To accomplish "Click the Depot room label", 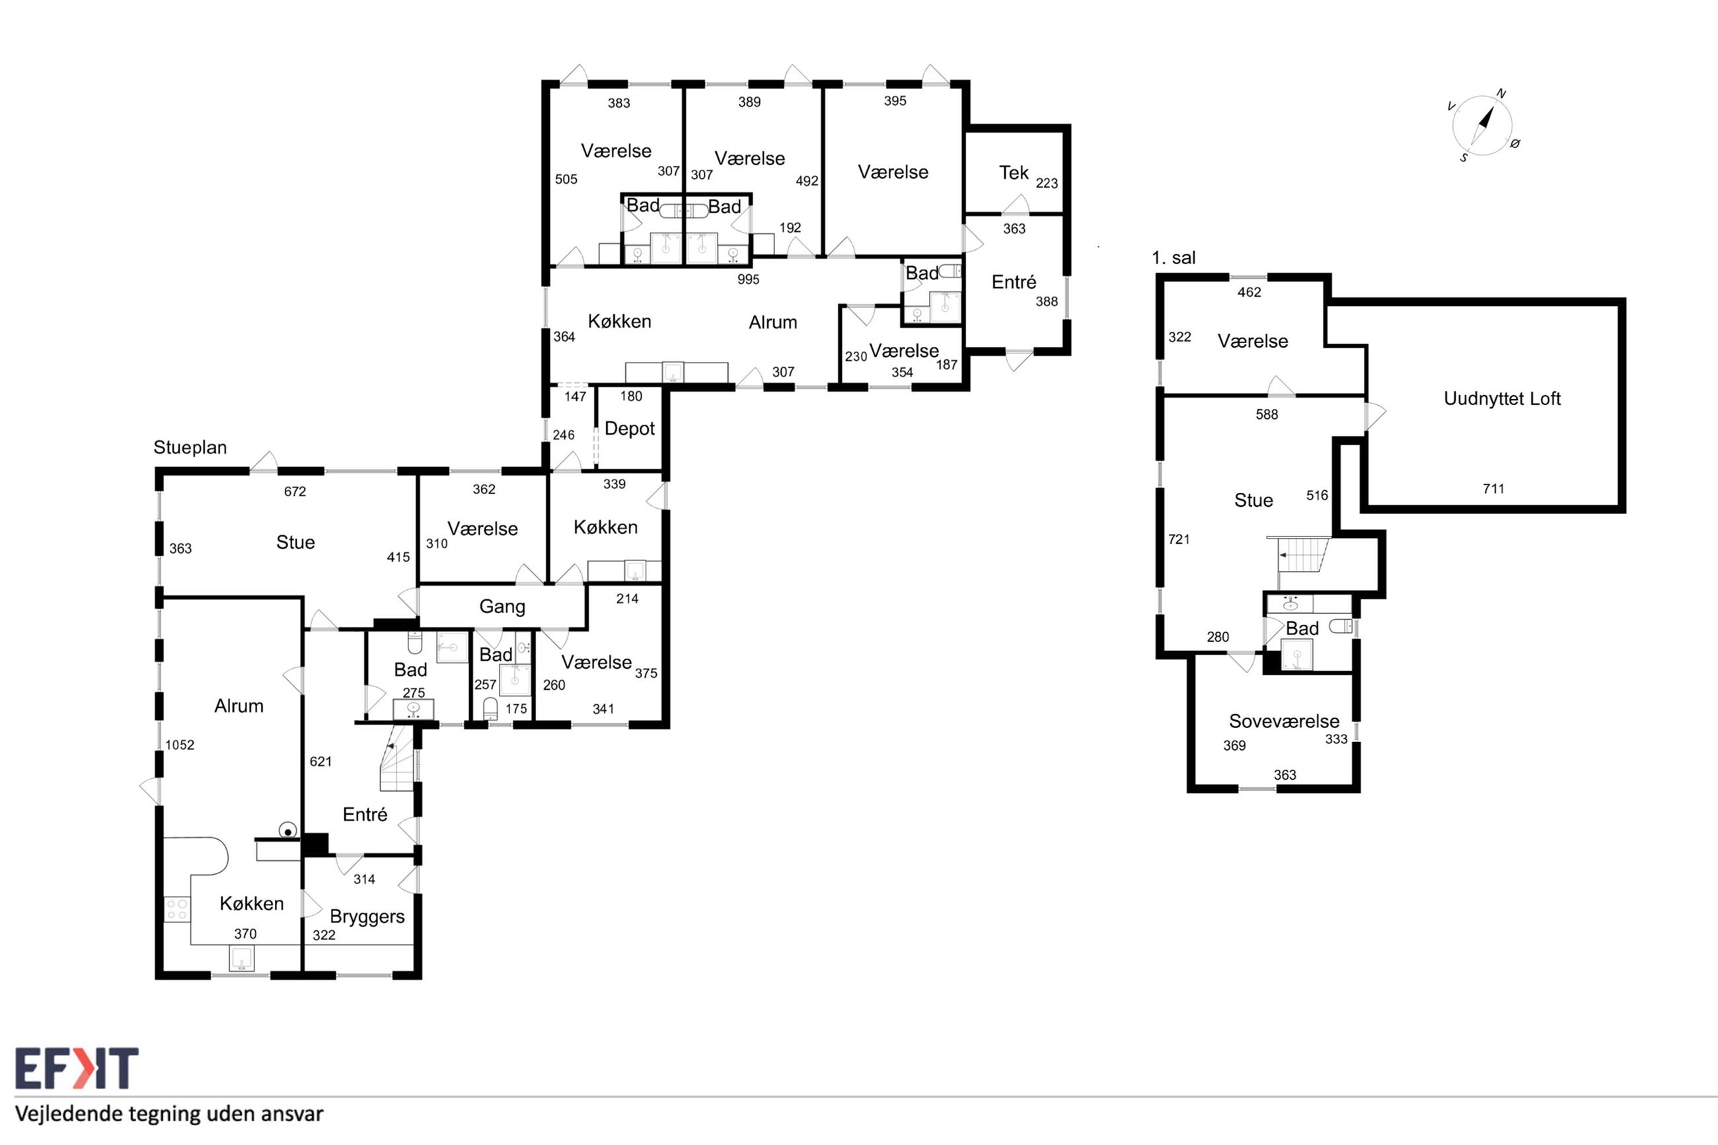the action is [x=629, y=429].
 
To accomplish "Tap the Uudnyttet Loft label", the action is [x=1502, y=398].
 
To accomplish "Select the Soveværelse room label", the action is [x=1284, y=721].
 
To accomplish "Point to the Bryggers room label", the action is [x=367, y=917].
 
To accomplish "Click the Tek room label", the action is [x=1014, y=172].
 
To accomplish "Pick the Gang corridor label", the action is [x=502, y=607].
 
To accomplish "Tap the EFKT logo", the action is [x=77, y=1068].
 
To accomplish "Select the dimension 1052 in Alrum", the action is [x=180, y=745].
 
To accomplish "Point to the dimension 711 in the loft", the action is [x=1493, y=488].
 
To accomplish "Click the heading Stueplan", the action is [x=190, y=448].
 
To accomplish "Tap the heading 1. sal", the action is [x=1174, y=258].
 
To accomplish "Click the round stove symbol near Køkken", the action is [x=288, y=831].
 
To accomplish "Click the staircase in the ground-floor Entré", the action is [x=398, y=757].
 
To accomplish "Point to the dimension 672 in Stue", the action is [x=295, y=492].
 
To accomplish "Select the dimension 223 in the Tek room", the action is [x=1046, y=183].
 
